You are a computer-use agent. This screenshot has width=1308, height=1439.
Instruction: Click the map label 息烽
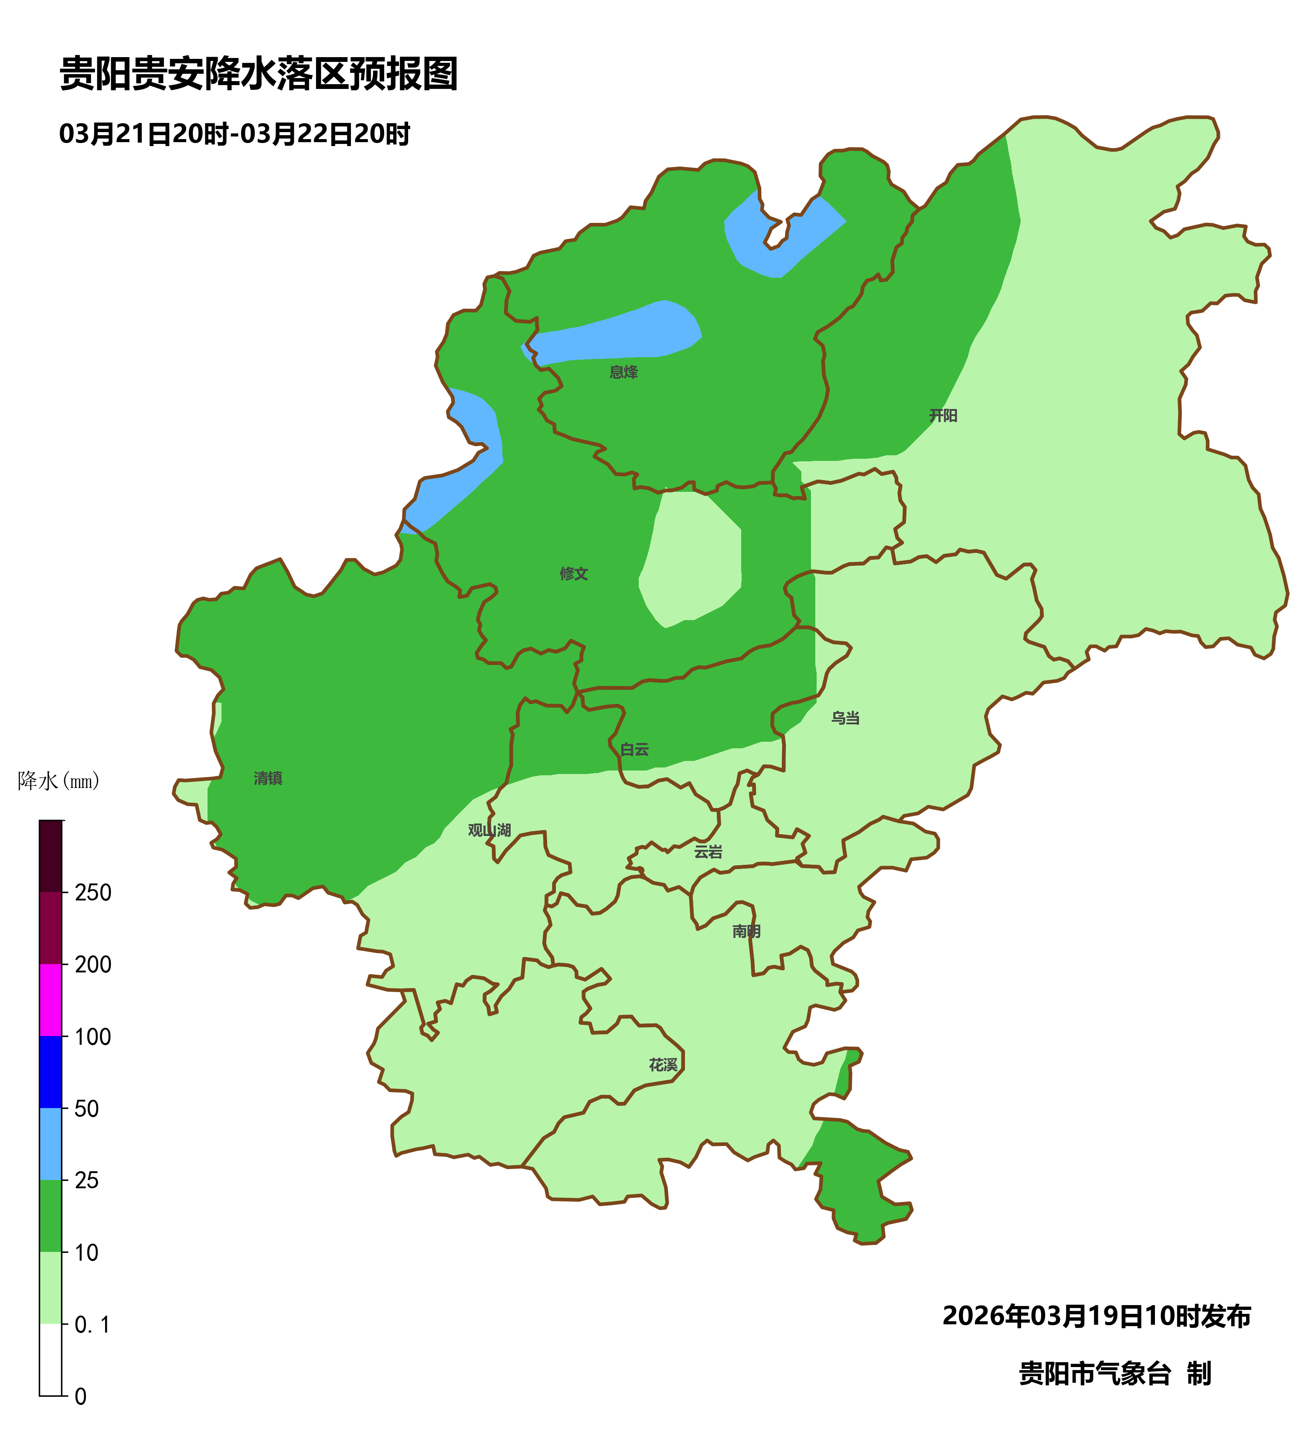coord(623,372)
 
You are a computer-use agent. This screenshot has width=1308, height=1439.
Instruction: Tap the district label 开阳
coord(943,416)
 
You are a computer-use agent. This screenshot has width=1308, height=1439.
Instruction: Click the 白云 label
coord(634,750)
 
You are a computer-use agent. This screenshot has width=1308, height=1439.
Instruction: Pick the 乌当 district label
coord(845,718)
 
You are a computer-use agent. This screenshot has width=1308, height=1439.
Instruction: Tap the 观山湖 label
coord(490,830)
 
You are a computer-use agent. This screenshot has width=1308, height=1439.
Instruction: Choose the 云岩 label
coord(708,852)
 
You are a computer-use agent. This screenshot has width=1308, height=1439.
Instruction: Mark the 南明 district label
coord(746,931)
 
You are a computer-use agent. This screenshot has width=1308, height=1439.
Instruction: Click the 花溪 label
coord(663,1065)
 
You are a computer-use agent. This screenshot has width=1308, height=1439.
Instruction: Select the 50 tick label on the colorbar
coord(86,1108)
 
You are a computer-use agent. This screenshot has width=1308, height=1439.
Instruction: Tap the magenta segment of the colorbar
coord(50,1000)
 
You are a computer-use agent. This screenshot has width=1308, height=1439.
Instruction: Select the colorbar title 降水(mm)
coord(58,781)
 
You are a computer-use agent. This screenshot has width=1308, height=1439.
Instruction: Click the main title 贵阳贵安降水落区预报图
coord(258,74)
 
